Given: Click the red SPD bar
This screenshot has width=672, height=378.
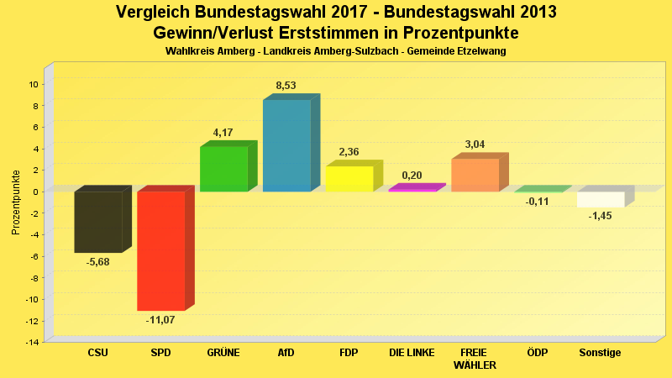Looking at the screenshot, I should pos(160,250).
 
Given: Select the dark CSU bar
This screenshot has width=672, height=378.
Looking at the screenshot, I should pos(98,222).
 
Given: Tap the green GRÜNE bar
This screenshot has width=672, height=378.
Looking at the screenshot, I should pos(223,169).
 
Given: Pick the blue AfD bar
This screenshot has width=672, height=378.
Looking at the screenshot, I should pos(286,145).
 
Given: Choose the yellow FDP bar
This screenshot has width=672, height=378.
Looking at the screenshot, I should pos(349,179).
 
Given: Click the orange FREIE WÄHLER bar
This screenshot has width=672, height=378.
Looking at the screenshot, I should pos(475,175).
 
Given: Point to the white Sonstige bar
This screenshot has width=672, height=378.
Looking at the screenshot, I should pos(601,199).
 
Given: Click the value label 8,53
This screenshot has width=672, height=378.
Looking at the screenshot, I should pos(286,86).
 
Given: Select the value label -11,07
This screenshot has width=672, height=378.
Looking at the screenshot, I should pos(160,320).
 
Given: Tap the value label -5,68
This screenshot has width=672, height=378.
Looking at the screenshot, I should pos(98,261).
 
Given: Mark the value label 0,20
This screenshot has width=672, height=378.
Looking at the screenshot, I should pos(412,176).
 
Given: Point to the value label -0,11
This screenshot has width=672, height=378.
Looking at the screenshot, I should pos(538,202).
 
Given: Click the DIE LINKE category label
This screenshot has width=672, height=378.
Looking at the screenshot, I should pos(412,353).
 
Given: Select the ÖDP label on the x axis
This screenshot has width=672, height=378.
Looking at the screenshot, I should pos(538,353).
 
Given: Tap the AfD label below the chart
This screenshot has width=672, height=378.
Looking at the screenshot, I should pos(286,353).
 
